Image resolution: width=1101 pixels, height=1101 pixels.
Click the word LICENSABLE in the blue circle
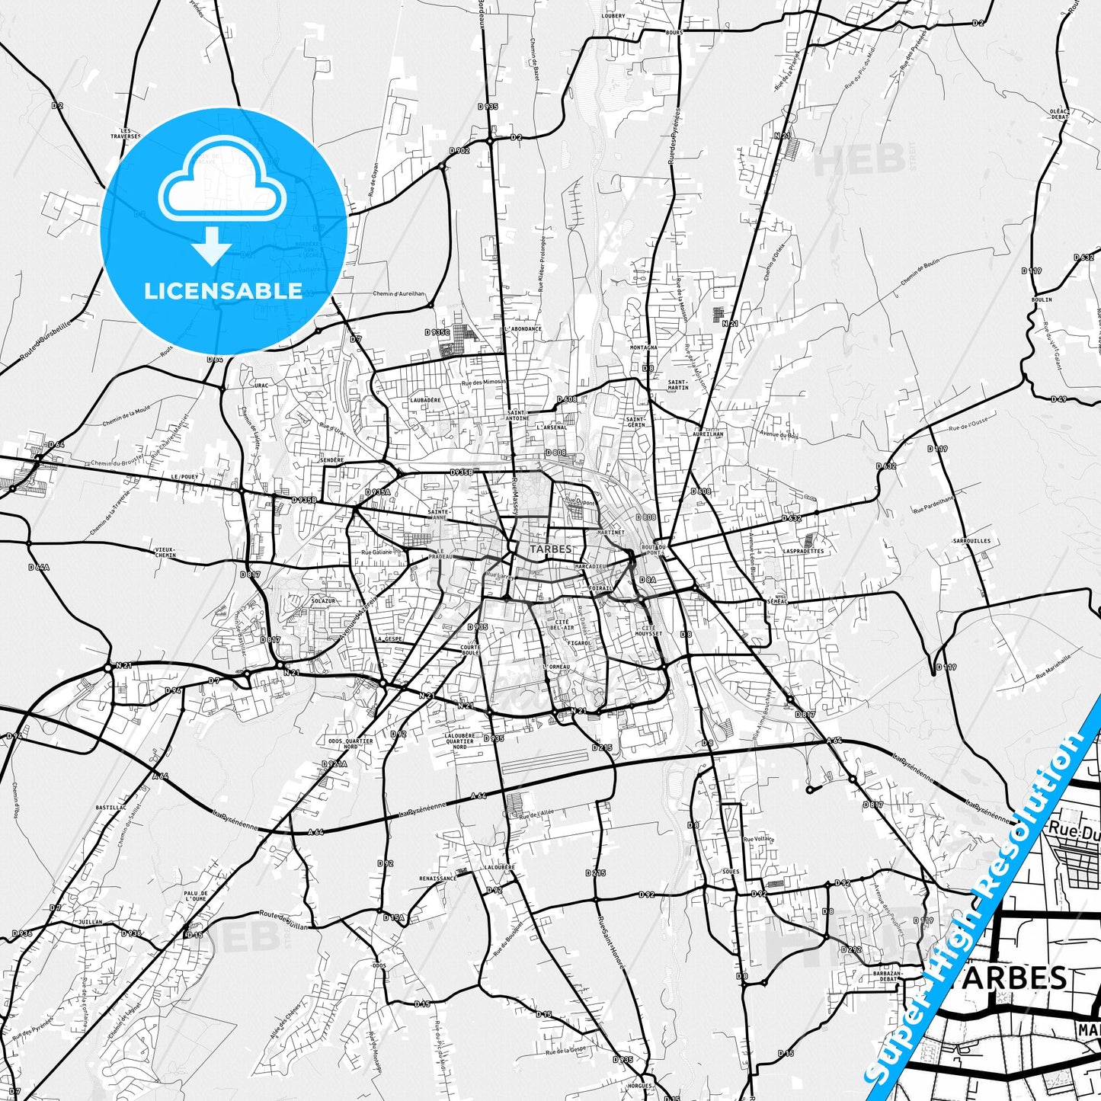(223, 290)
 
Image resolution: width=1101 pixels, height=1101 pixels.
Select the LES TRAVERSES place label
(125, 133)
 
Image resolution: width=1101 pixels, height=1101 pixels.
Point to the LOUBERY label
(613, 15)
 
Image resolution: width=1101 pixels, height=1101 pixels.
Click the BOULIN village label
(1041, 299)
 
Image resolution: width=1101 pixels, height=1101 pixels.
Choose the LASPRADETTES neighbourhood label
(803, 551)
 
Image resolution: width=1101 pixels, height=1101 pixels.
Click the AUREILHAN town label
(708, 433)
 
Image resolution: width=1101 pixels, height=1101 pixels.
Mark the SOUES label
(729, 871)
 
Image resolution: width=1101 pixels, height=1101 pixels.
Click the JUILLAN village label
(90, 921)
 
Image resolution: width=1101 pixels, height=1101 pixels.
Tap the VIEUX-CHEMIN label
(165, 552)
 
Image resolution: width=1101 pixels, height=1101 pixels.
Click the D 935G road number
(438, 332)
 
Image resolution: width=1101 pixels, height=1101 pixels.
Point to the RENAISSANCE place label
(437, 878)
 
